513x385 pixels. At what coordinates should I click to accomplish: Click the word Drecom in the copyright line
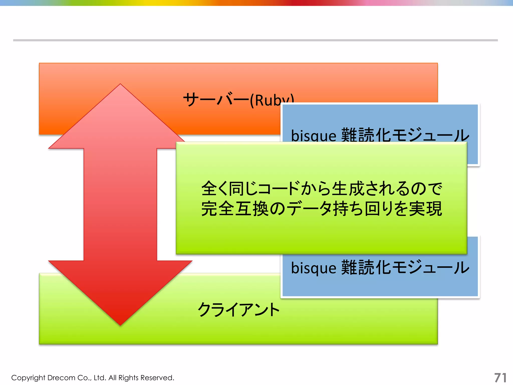point(61,377)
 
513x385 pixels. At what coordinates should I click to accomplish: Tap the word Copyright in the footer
point(28,378)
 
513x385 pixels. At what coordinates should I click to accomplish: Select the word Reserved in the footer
point(157,377)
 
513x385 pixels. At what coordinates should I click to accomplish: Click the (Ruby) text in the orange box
point(272,100)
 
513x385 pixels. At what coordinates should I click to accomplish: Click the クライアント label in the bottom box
point(238,310)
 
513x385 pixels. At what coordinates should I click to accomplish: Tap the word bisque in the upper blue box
point(313,136)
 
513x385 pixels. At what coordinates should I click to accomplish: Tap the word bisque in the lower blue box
point(313,268)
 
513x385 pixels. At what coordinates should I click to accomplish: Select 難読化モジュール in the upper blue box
point(405,135)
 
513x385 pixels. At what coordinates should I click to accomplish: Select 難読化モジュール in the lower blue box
point(405,267)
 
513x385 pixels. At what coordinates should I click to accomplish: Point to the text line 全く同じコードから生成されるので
point(322,188)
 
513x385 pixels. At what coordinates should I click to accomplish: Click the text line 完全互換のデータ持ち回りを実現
point(322,209)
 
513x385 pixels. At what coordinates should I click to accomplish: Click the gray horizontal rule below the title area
point(255,40)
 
